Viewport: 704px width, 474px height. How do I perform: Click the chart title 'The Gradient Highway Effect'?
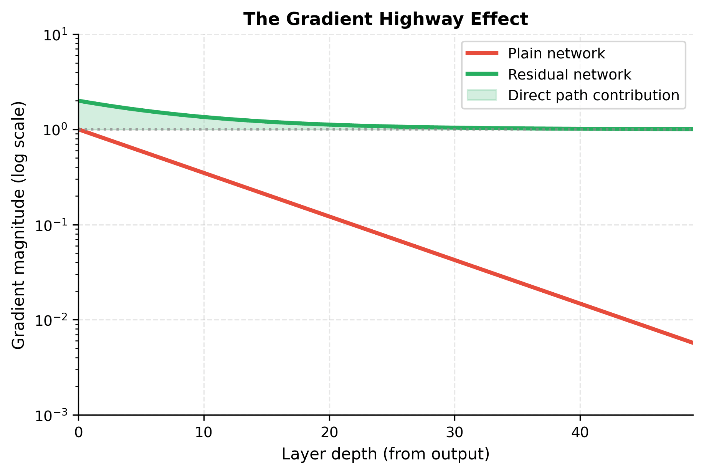[x=385, y=19]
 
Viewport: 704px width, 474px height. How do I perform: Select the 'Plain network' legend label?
[x=556, y=54]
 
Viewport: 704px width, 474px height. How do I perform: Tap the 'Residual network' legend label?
[x=569, y=75]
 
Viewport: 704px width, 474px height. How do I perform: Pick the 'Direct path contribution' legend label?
[x=593, y=95]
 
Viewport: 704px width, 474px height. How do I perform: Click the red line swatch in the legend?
[x=482, y=53]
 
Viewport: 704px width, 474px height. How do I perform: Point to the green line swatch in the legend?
[x=482, y=74]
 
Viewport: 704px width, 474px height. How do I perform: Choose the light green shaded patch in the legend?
[x=482, y=95]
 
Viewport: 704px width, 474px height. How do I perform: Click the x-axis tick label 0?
[x=78, y=433]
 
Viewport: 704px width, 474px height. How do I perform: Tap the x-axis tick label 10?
[x=204, y=433]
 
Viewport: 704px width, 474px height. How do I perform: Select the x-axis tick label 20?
[x=329, y=433]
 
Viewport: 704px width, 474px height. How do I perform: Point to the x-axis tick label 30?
[x=454, y=433]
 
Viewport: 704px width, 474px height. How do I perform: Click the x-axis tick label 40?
[x=580, y=433]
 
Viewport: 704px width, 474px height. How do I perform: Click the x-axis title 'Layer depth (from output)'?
[x=385, y=454]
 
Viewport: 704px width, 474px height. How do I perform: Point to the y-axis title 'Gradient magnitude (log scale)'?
[x=18, y=225]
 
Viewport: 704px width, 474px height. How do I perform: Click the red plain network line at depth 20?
[x=329, y=216]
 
